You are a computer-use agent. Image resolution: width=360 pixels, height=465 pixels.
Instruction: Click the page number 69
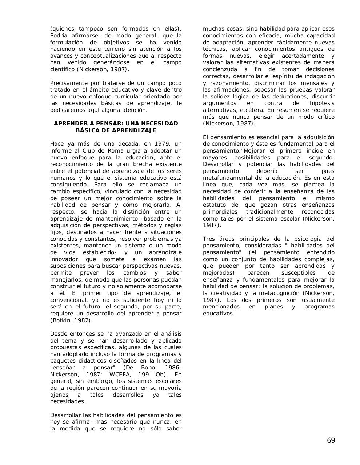pos(331,441)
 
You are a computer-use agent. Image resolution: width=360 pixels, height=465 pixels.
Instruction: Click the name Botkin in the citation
pos(61,320)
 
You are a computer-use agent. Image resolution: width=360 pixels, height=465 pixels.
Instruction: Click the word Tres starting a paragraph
pos(209,239)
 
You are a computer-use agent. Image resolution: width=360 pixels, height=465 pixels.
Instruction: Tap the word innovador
pos(64,259)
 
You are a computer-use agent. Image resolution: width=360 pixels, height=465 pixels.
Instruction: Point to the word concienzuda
pos(221,69)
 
